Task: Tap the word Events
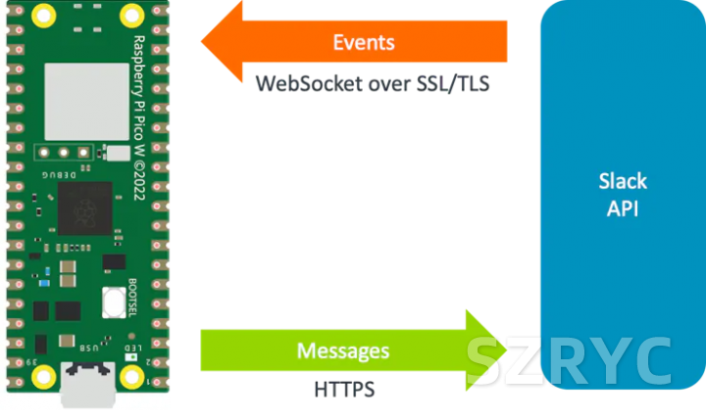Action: (x=364, y=43)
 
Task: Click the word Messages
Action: (x=343, y=350)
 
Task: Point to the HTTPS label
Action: (x=344, y=390)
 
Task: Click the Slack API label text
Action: (x=623, y=195)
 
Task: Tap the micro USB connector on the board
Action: (x=88, y=384)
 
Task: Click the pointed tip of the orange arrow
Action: (x=204, y=43)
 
